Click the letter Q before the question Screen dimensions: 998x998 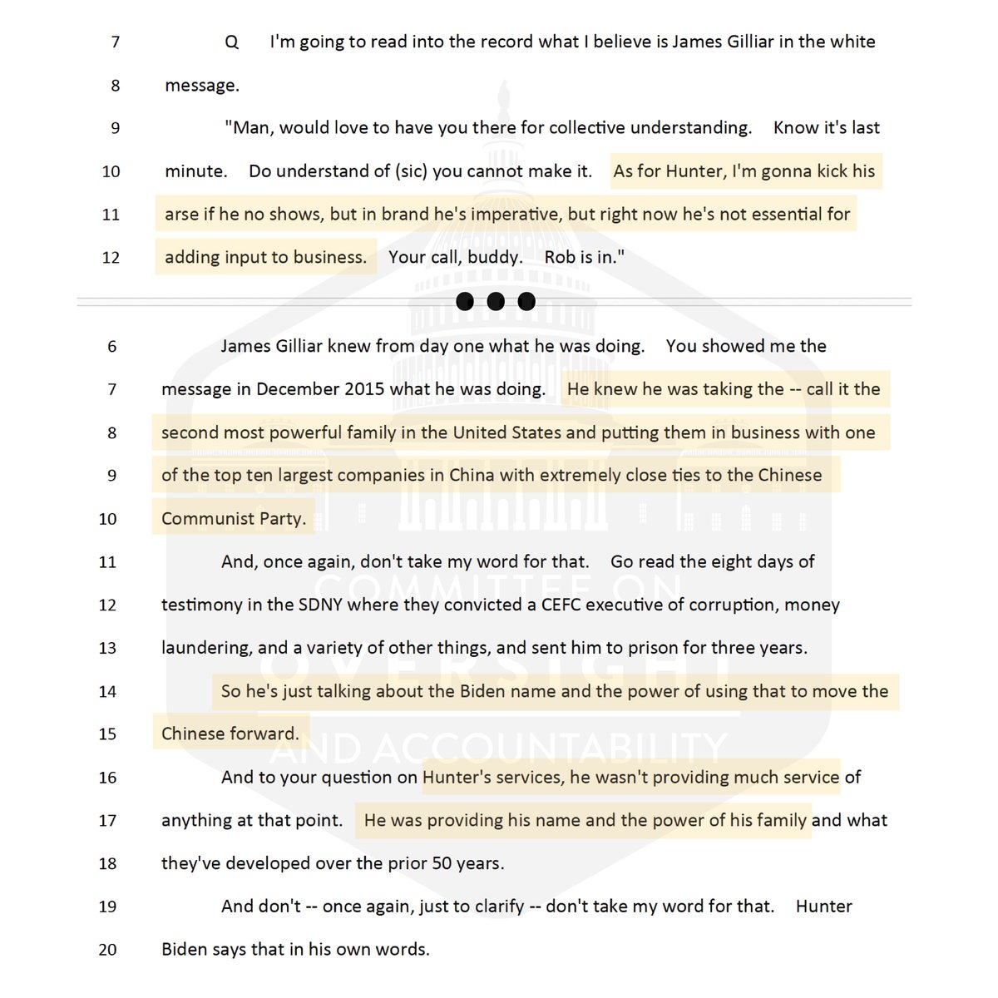click(232, 42)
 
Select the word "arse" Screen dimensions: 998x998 click(181, 215)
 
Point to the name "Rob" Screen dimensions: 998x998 click(560, 258)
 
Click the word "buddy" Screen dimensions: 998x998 click(494, 258)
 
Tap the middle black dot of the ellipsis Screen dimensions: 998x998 click(496, 301)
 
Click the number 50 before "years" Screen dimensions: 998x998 click(442, 863)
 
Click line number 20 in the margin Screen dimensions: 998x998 click(107, 950)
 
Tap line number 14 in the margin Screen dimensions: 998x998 click(107, 692)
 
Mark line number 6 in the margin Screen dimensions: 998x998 click(111, 347)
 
